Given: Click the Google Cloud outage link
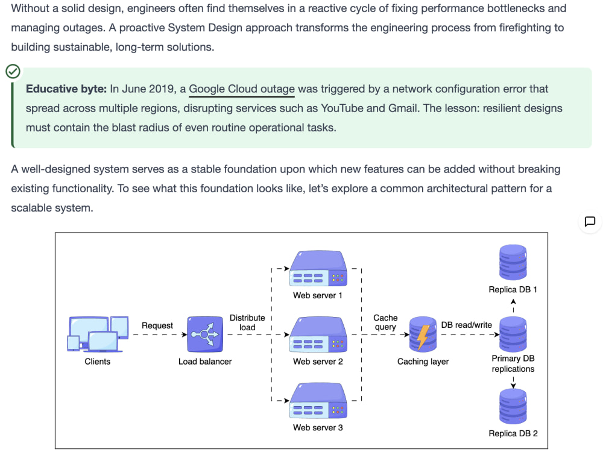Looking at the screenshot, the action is (x=242, y=89).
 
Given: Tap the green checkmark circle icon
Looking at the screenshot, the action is (x=13, y=72).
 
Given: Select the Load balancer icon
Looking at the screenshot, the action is (x=205, y=334).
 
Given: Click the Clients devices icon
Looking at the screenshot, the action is (x=98, y=334).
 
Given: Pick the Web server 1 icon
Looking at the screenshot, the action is (x=318, y=268).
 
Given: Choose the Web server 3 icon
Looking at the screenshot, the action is (x=318, y=401).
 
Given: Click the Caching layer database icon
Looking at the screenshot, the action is (x=423, y=334).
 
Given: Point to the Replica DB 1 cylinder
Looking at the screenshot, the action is (x=513, y=262).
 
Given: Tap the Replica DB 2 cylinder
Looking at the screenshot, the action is (x=513, y=406).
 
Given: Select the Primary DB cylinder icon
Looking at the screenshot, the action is (x=513, y=334).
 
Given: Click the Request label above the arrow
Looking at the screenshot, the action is (x=157, y=325).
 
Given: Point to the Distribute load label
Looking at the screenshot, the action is (x=247, y=322).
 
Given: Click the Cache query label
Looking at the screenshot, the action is (x=385, y=322).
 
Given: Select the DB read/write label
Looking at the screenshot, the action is (x=467, y=325).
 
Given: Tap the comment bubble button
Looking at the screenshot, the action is (x=590, y=221).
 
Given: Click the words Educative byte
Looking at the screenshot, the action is (x=66, y=89).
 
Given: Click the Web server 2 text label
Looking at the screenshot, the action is (x=318, y=361).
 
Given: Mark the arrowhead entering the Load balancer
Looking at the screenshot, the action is (x=185, y=334).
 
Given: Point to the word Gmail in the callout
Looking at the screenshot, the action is (x=403, y=108).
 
